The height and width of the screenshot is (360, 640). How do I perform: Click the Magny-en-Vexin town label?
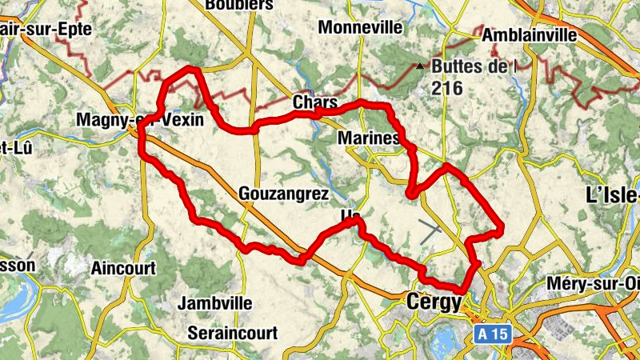pos(139,119)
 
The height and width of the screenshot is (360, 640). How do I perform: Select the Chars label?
pos(310,102)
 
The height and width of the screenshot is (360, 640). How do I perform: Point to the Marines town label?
pos(369,138)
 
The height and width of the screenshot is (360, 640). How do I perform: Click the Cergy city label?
pos(434,302)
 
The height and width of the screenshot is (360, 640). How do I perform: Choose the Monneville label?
pos(360,27)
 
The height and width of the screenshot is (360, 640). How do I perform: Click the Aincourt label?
pos(123,268)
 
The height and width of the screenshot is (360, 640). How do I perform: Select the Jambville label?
pos(214,303)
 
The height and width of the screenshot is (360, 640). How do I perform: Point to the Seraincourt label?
pos(232,332)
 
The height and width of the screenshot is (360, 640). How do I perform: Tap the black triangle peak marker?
pos(418,66)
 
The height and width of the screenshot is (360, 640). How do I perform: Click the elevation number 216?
pos(446,88)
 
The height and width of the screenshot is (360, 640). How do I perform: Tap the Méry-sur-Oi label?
pos(593,284)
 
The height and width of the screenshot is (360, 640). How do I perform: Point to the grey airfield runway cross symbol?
pos(430,232)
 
